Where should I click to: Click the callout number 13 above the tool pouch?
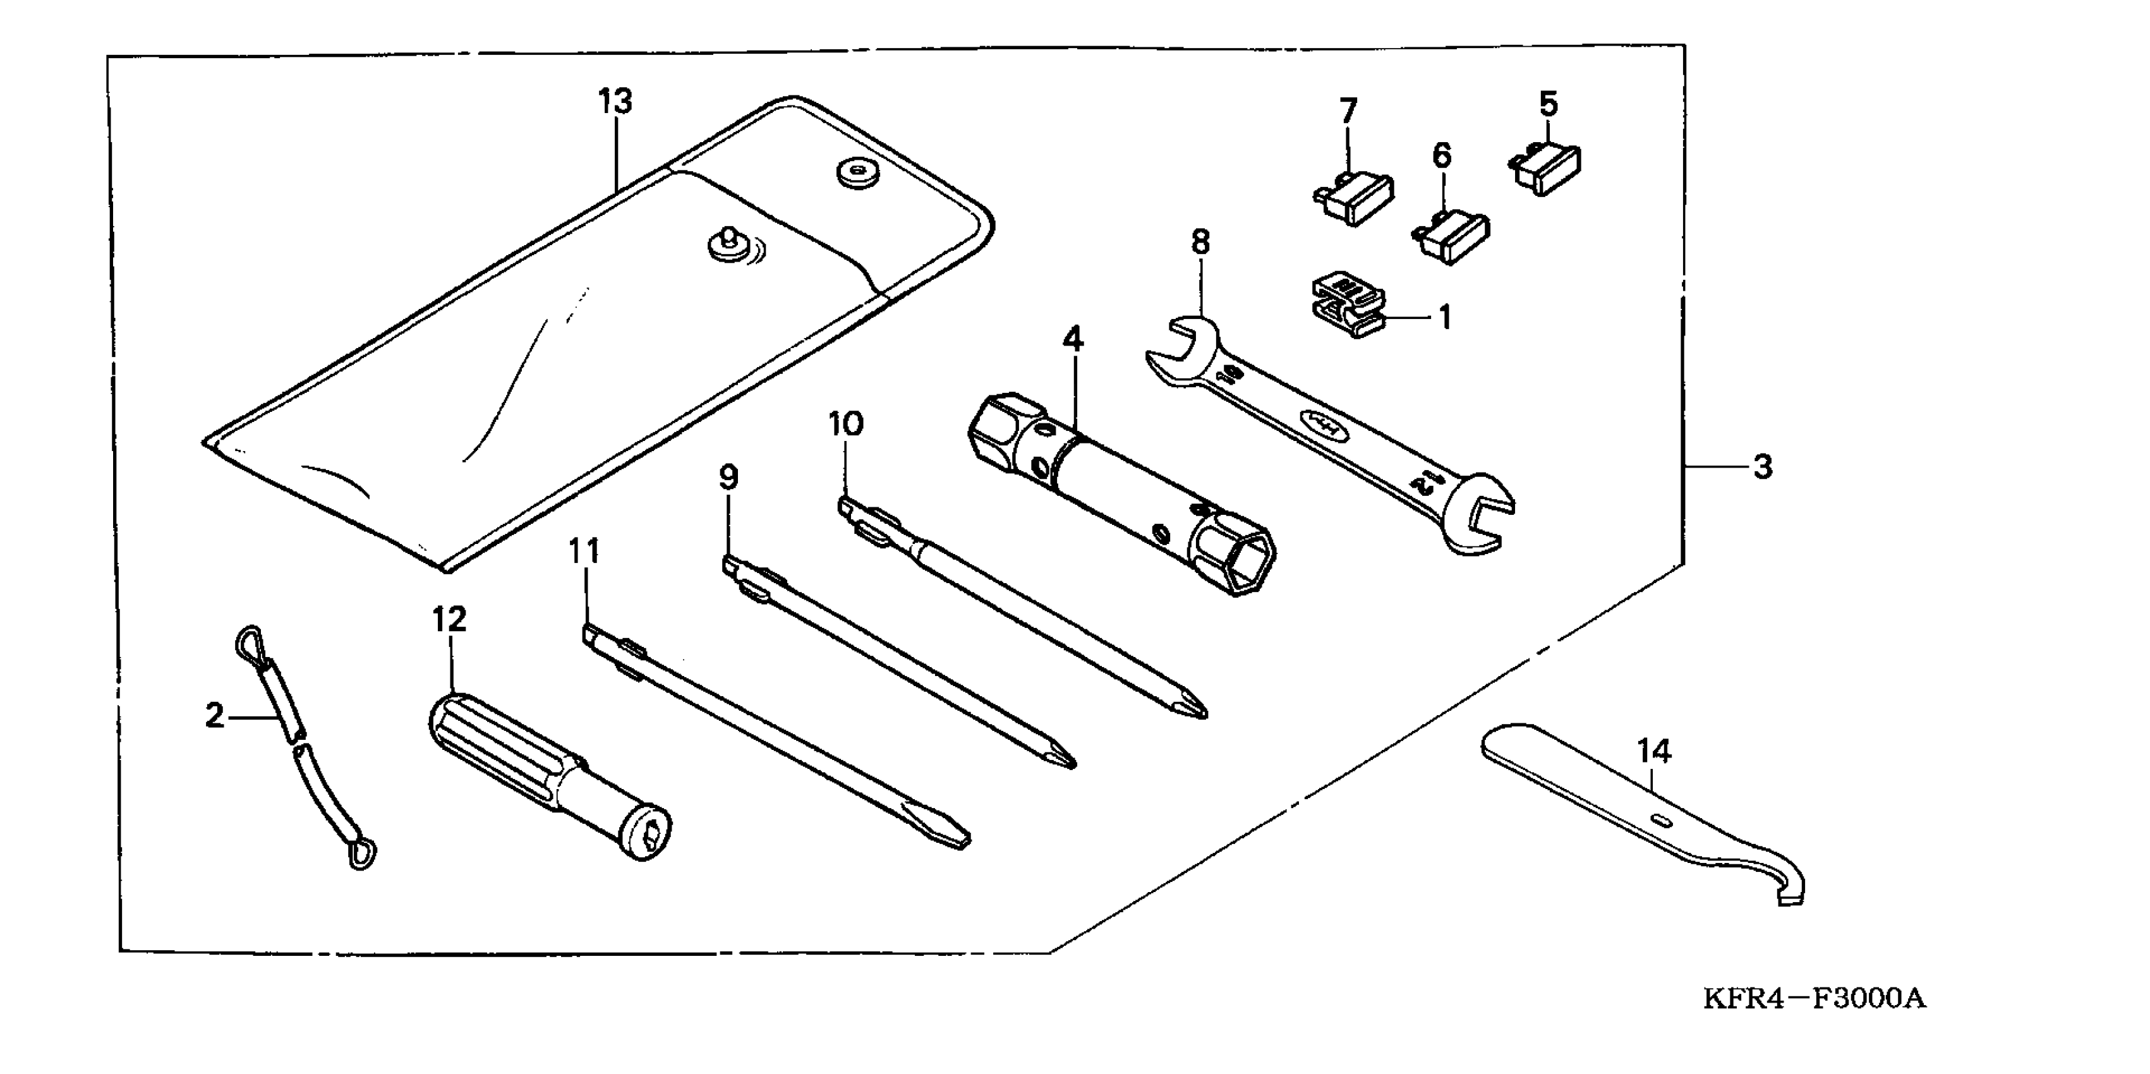615,102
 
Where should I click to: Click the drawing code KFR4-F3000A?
1815,998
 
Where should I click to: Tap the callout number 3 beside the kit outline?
1762,468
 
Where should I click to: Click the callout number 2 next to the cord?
215,716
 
